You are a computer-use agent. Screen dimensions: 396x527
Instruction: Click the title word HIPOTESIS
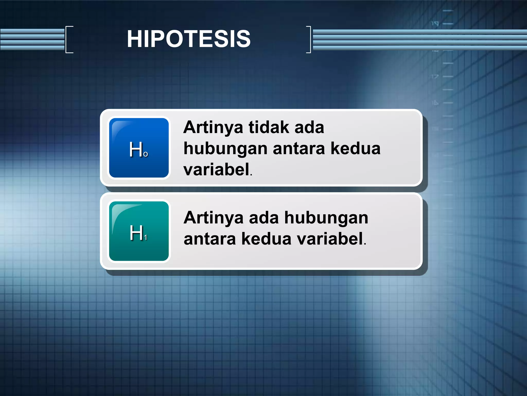(x=189, y=39)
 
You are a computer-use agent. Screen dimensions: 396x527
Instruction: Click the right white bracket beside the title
(x=309, y=39)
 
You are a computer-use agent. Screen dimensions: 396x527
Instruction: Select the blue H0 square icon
(x=139, y=148)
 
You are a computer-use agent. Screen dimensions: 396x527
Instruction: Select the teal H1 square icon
(x=139, y=231)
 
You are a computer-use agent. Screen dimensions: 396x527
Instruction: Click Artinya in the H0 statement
(x=213, y=128)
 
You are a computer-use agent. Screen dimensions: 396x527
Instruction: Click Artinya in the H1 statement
(x=213, y=218)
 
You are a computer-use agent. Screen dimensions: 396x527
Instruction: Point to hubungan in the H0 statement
(x=225, y=149)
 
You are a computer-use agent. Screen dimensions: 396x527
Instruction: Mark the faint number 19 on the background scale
(x=435, y=24)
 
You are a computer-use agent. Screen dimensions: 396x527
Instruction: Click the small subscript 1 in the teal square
(x=146, y=237)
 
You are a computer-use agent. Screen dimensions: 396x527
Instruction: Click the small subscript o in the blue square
(x=146, y=154)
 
